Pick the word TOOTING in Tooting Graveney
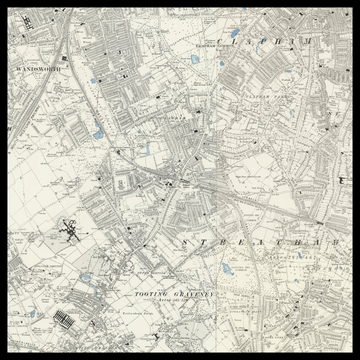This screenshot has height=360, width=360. point(151,296)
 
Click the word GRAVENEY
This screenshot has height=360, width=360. point(190,296)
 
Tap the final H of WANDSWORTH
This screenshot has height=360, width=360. point(60,69)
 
